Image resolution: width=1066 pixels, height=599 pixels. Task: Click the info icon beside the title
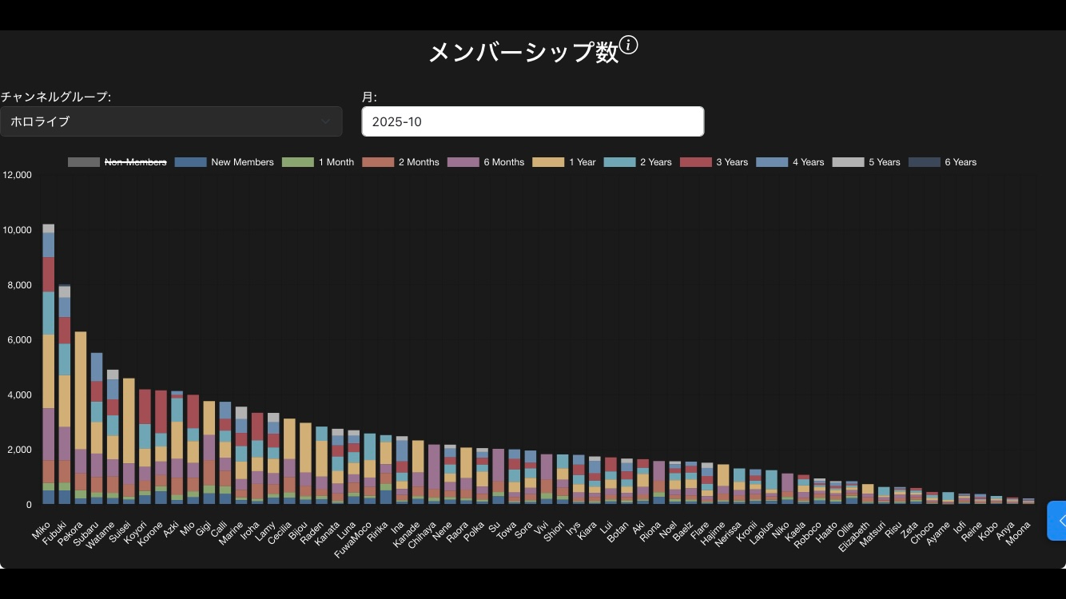pos(629,46)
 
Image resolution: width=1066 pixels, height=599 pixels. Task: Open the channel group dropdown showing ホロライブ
pos(171,121)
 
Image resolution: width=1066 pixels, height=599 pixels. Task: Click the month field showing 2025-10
pos(532,121)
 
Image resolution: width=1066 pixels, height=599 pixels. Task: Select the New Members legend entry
pos(225,162)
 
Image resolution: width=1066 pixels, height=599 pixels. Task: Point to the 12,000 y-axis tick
pos(17,175)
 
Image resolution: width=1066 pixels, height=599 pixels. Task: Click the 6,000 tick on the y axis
pos(19,339)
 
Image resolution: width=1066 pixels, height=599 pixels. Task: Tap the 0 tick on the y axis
pos(28,505)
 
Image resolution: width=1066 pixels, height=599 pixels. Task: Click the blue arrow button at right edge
pos(1058,521)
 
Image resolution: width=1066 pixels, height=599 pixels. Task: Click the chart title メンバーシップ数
pos(523,53)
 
